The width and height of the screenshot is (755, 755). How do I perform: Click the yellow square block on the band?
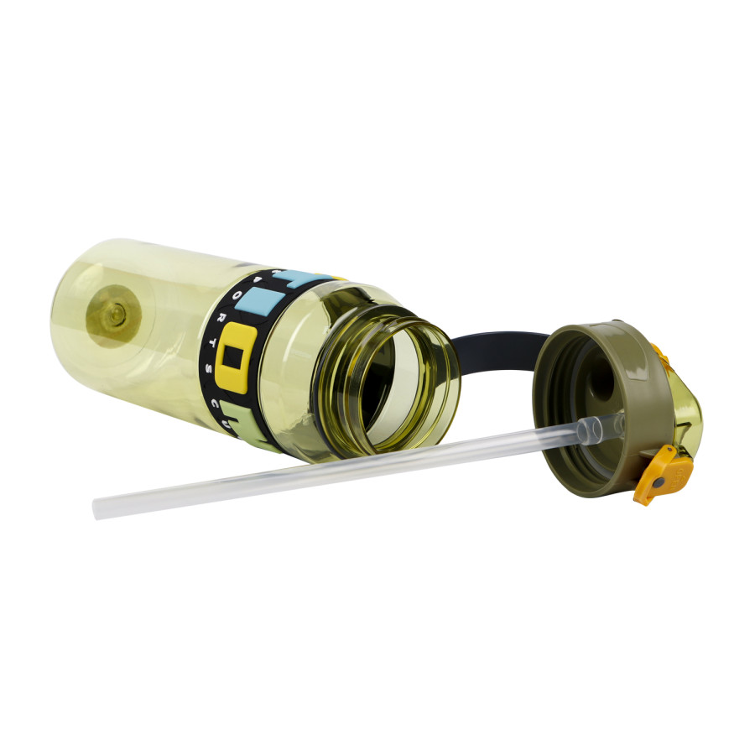coord(236,356)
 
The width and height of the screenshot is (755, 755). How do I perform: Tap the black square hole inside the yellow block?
coord(236,357)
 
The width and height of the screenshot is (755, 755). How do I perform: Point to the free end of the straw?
coord(99,508)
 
